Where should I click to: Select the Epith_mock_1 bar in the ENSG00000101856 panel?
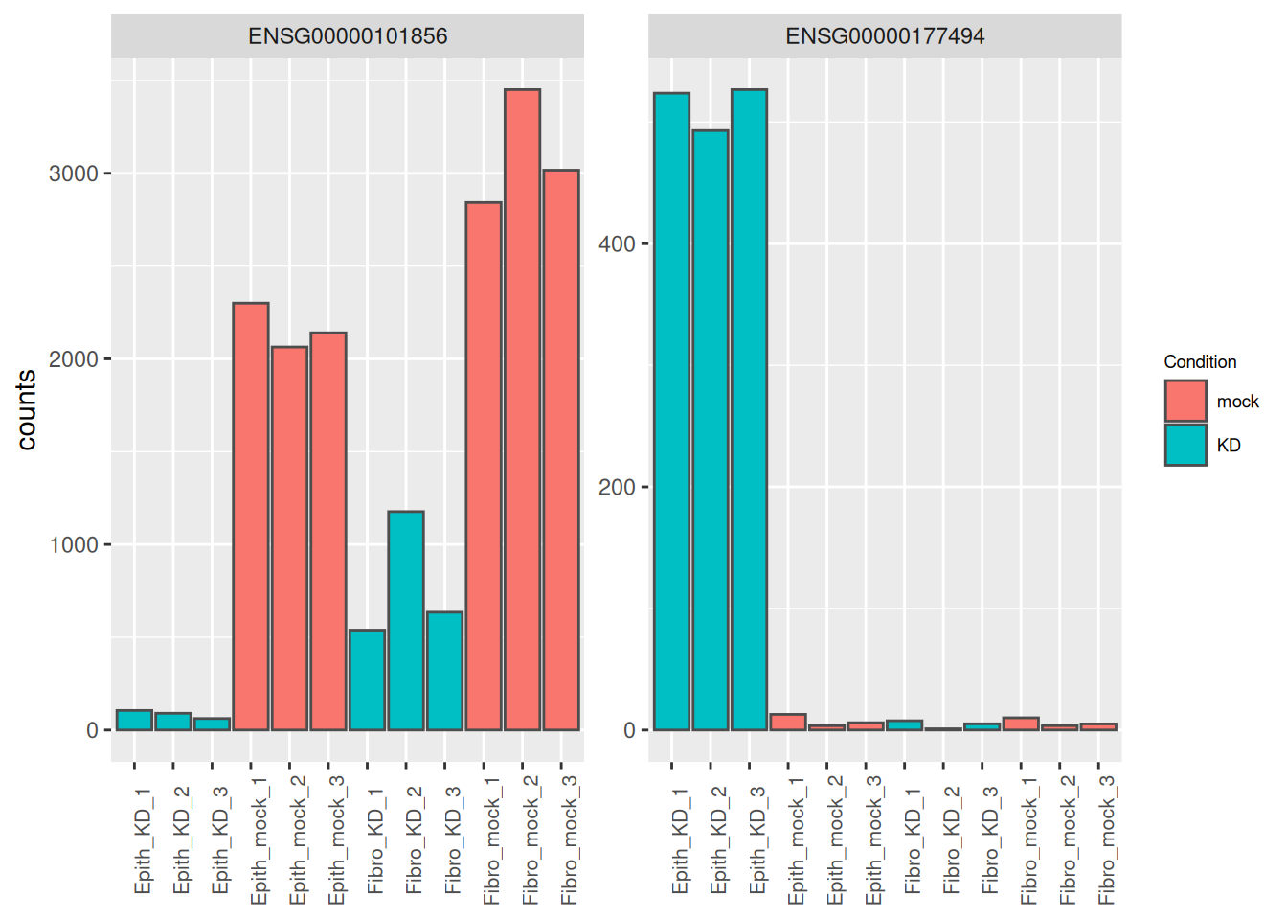pos(251,517)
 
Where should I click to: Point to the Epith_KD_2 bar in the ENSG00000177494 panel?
pos(711,430)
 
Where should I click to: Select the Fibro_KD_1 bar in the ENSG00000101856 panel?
pos(367,680)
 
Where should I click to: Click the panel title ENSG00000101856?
pos(348,36)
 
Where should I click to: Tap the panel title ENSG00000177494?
pos(885,36)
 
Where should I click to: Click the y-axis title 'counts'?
pos(27,410)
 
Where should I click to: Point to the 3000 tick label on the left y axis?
pos(74,173)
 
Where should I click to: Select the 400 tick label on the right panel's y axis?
pos(617,244)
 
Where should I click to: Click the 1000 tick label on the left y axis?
pos(74,545)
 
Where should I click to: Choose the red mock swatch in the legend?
pos(1185,401)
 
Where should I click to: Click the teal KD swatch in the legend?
pos(1185,445)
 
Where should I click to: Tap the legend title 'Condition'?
pos(1200,361)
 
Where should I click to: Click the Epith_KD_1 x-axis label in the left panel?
pos(143,840)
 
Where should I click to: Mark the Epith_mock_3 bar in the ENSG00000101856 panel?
pos(328,532)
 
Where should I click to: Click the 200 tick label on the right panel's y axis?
pos(617,488)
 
